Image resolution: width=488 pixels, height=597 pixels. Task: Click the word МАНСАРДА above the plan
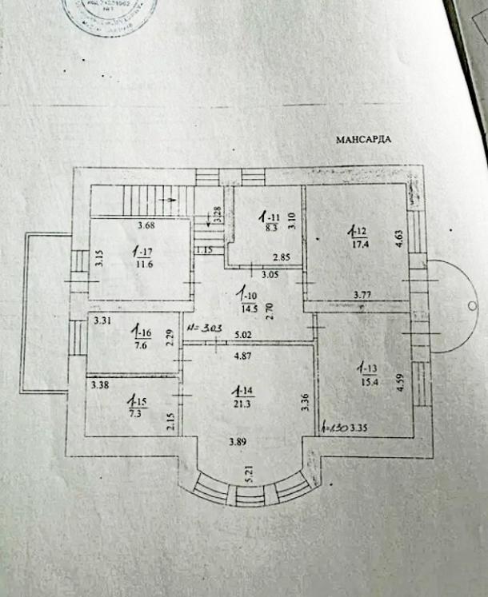click(362, 139)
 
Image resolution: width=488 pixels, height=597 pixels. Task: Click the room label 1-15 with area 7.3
click(140, 402)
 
